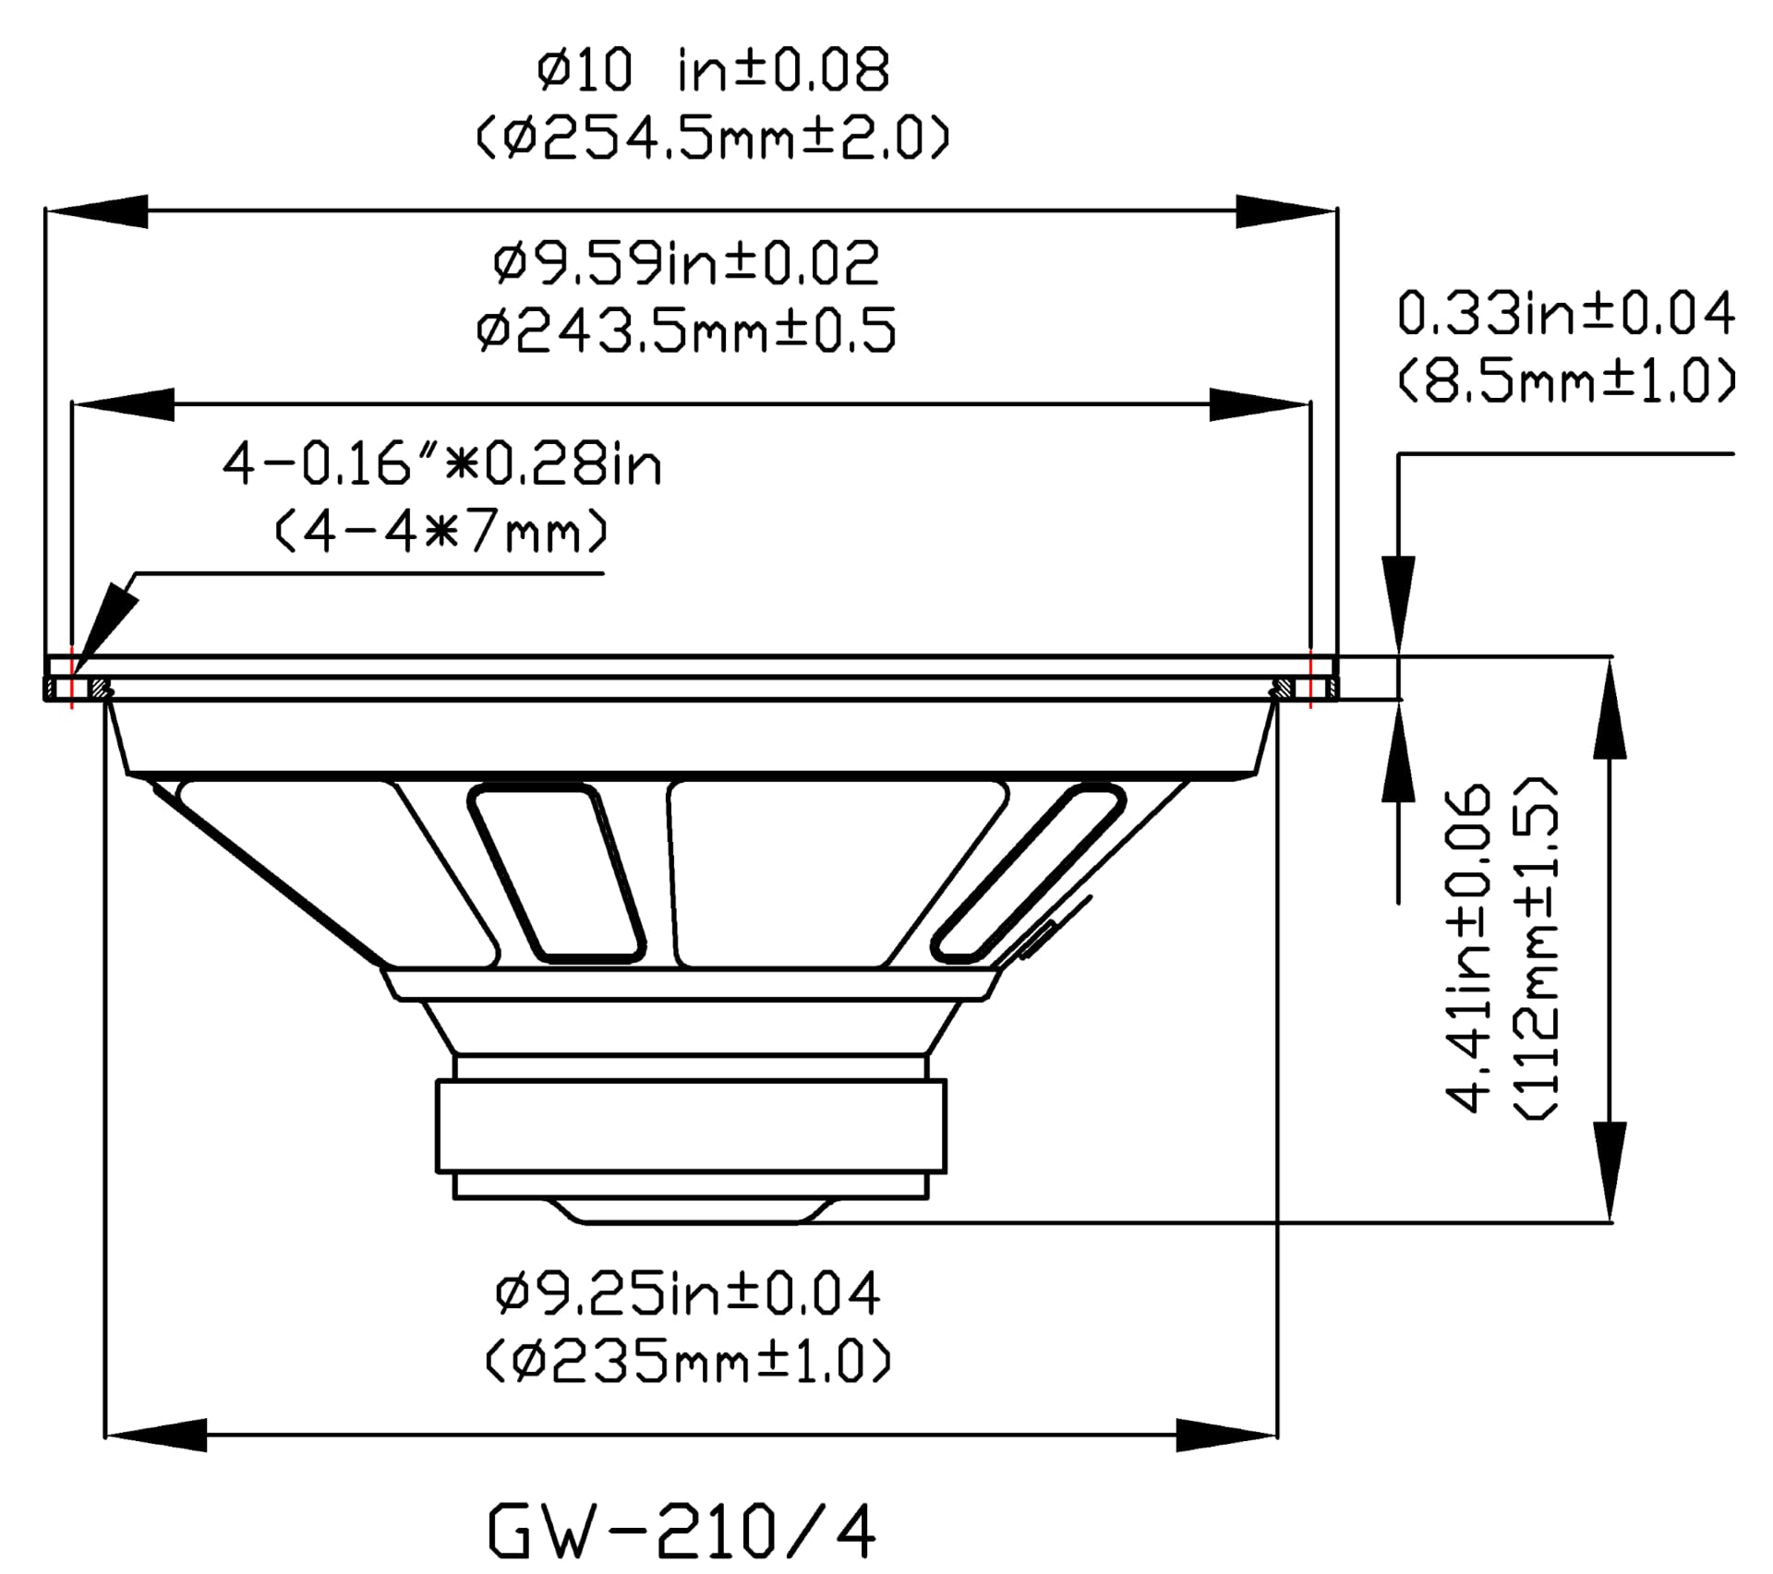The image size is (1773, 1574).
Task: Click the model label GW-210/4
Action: pyautogui.click(x=681, y=1531)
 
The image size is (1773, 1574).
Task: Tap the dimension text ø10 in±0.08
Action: pyautogui.click(x=713, y=71)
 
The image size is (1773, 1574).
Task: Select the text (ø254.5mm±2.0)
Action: pyautogui.click(x=713, y=139)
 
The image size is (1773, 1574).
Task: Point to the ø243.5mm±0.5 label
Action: pyautogui.click(x=686, y=331)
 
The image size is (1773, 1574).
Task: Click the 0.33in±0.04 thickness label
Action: pyautogui.click(x=1566, y=313)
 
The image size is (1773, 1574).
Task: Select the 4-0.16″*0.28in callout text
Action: pyautogui.click(x=442, y=464)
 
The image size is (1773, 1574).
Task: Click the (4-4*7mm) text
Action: pyautogui.click(x=442, y=533)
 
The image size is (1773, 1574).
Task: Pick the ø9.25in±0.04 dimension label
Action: pyautogui.click(x=688, y=1294)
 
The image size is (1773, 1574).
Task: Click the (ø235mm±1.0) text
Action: pyautogui.click(x=689, y=1362)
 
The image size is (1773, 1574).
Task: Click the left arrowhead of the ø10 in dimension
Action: pyautogui.click(x=96, y=211)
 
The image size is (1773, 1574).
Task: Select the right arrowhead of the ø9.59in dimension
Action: pyautogui.click(x=1260, y=404)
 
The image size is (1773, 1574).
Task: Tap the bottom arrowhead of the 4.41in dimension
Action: pyautogui.click(x=1610, y=1171)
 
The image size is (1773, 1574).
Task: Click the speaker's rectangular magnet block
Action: pyautogui.click(x=692, y=1126)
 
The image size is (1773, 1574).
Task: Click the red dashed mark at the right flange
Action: pyautogui.click(x=1310, y=679)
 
